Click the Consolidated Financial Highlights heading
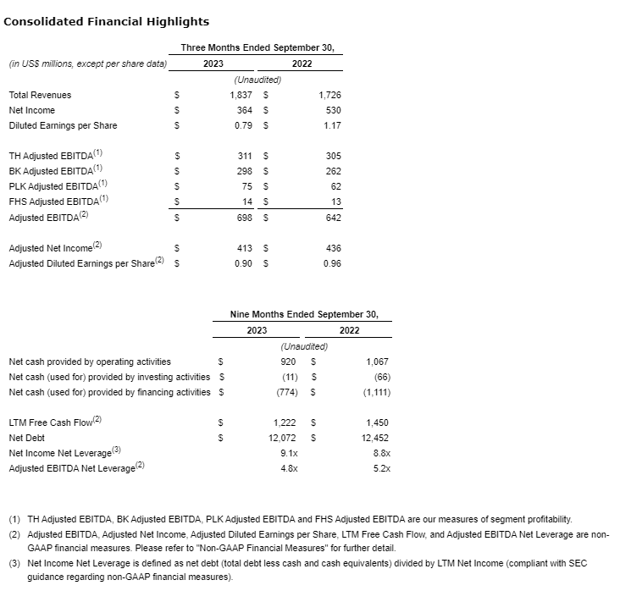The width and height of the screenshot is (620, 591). coord(107,21)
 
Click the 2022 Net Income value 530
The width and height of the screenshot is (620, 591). coord(333,110)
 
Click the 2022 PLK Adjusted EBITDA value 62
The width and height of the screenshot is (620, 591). coord(335,186)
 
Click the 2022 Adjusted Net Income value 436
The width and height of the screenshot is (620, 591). coord(333,248)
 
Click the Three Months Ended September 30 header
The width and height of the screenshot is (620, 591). coord(262,48)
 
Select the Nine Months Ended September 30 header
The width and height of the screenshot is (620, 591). coord(304,314)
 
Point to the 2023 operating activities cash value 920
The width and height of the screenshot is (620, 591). coord(288,361)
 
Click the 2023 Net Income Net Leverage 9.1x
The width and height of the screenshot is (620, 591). coord(289,453)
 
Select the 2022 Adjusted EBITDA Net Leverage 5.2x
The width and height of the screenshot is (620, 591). coord(381,468)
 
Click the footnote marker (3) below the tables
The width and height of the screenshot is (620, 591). coord(15,563)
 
